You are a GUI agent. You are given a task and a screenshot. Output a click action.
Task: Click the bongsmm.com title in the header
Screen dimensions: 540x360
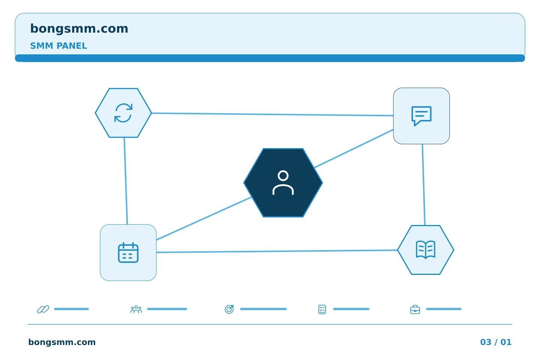point(79,29)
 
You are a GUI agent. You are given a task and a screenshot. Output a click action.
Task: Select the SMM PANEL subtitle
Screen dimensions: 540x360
point(58,46)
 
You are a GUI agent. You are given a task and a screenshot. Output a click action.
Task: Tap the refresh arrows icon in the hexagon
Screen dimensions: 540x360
point(123,113)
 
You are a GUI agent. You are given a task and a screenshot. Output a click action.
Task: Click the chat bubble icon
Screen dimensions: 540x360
point(421,116)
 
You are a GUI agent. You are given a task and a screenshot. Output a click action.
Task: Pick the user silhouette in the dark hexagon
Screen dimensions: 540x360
point(283,183)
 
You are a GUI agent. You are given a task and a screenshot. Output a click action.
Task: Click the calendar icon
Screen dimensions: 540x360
point(128,252)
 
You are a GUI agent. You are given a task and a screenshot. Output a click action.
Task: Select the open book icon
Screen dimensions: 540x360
point(426,250)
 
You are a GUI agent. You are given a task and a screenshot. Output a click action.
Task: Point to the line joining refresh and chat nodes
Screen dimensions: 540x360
point(272,114)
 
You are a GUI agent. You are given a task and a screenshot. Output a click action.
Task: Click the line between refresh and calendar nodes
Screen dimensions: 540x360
point(126,181)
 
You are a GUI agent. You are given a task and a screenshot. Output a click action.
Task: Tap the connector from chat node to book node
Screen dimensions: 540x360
point(424,185)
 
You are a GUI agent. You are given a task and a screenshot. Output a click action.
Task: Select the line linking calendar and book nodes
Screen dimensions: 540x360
point(277,251)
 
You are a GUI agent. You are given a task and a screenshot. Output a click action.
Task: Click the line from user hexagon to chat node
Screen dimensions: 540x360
point(354,148)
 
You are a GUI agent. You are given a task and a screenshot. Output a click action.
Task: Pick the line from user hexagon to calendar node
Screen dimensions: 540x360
point(204,219)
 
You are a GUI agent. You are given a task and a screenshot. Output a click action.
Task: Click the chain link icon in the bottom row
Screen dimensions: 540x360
point(43,309)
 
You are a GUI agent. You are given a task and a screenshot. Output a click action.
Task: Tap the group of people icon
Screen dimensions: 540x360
point(136,309)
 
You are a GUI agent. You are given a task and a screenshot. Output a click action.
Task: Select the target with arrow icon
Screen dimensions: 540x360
point(229,309)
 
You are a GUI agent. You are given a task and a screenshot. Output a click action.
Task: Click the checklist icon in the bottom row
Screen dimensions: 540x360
point(322,309)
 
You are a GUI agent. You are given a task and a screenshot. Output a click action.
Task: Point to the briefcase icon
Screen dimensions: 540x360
point(415,310)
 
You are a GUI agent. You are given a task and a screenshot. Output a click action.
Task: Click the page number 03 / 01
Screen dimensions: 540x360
point(496,342)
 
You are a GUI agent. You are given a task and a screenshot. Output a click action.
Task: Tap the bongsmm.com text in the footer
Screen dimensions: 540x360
point(62,342)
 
